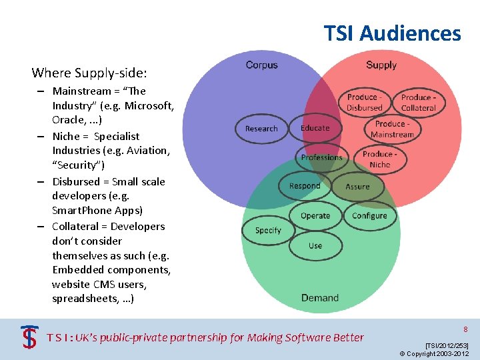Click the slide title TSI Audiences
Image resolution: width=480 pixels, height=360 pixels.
[392, 33]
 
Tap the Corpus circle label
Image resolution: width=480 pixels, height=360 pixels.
[261, 65]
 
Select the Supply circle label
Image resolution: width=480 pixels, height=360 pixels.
[381, 65]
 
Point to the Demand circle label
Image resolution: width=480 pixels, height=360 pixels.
[320, 297]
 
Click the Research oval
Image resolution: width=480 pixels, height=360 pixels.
[261, 129]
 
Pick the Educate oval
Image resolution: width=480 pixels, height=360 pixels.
[315, 128]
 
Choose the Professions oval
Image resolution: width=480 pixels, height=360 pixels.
[321, 157]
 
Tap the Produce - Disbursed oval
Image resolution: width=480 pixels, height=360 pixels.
[365, 103]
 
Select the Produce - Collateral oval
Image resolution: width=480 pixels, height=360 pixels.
[418, 103]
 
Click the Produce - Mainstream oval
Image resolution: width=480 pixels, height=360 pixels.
[392, 129]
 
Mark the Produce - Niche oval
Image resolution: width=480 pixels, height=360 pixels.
[379, 159]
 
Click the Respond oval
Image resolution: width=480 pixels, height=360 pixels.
[305, 186]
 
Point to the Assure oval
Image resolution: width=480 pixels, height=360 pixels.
[357, 187]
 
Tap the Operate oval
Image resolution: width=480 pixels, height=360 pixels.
[315, 215]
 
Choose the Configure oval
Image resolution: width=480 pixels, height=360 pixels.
[369, 215]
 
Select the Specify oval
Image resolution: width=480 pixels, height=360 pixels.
[268, 230]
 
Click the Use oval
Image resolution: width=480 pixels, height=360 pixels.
[315, 245]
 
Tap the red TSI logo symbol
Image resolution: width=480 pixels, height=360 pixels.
[29, 337]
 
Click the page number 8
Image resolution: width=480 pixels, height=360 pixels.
[465, 329]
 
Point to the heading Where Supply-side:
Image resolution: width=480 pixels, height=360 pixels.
[89, 72]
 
